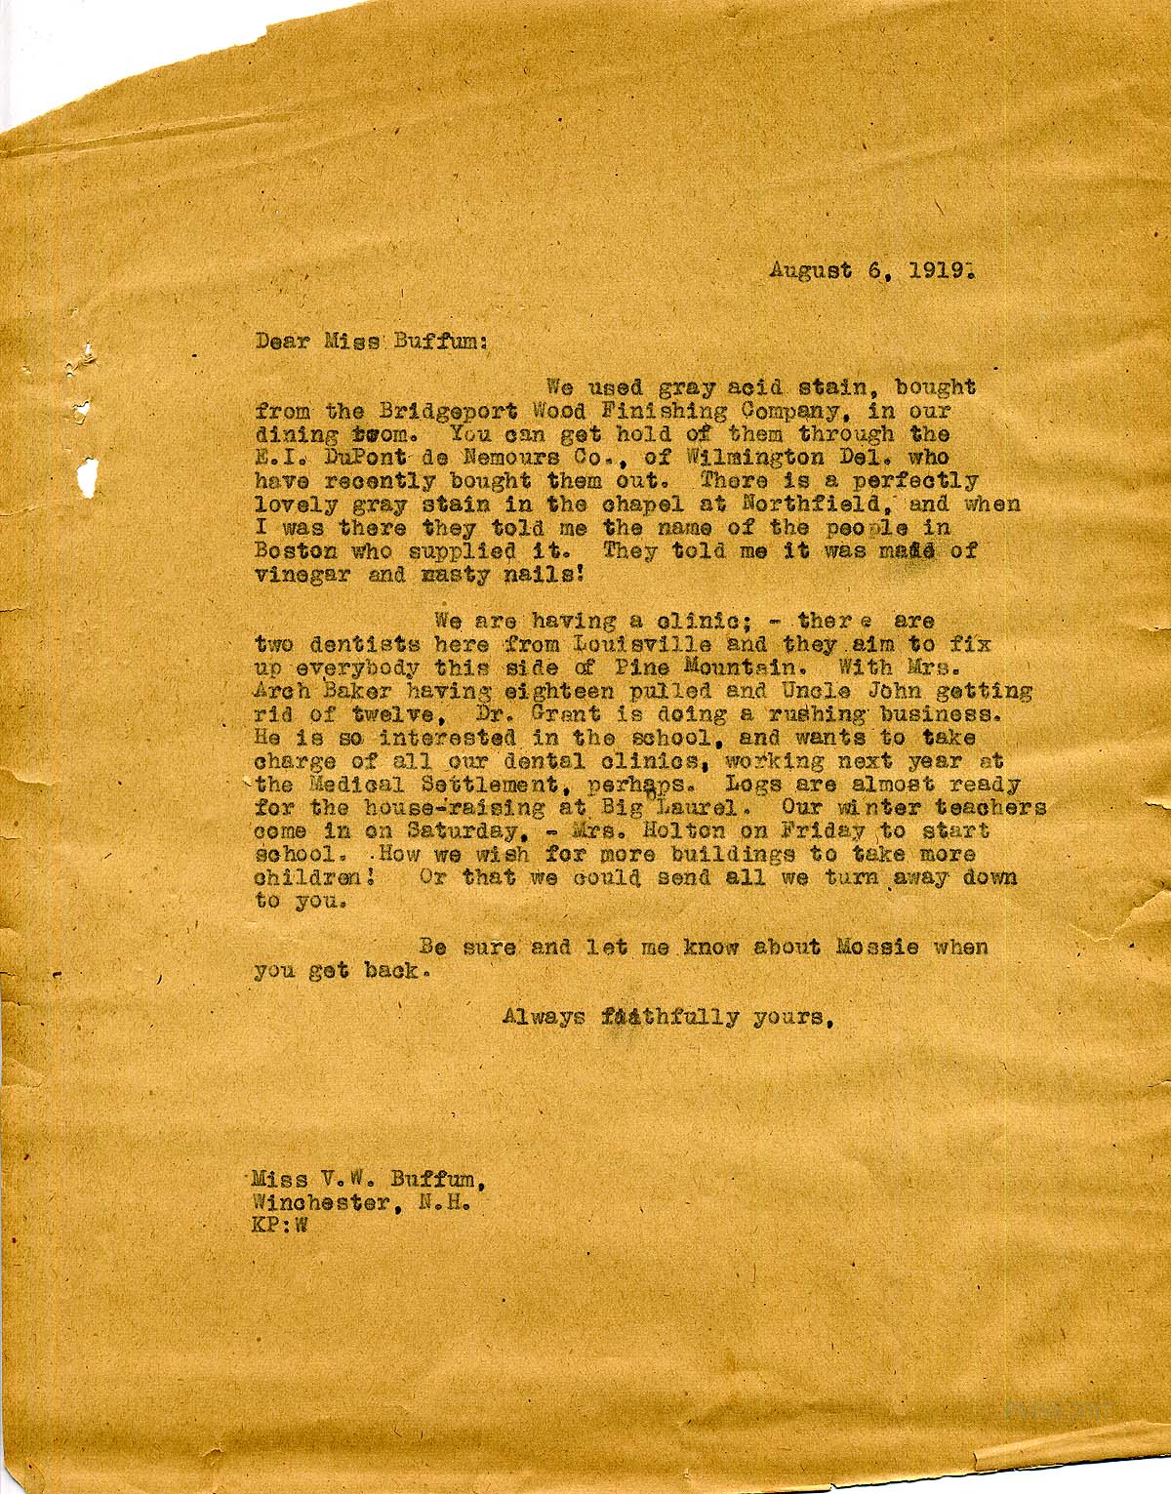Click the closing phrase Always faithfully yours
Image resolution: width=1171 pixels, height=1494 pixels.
(x=667, y=1018)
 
